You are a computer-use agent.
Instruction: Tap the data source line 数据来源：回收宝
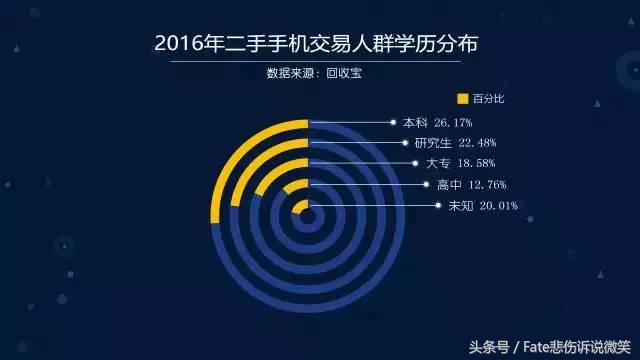click(317, 73)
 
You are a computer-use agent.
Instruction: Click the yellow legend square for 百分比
click(462, 98)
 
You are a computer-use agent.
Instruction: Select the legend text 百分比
click(488, 98)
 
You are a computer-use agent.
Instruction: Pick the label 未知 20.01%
click(476, 206)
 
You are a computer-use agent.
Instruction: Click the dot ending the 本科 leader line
click(394, 122)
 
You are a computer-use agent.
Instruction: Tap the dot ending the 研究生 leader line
click(406, 143)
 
